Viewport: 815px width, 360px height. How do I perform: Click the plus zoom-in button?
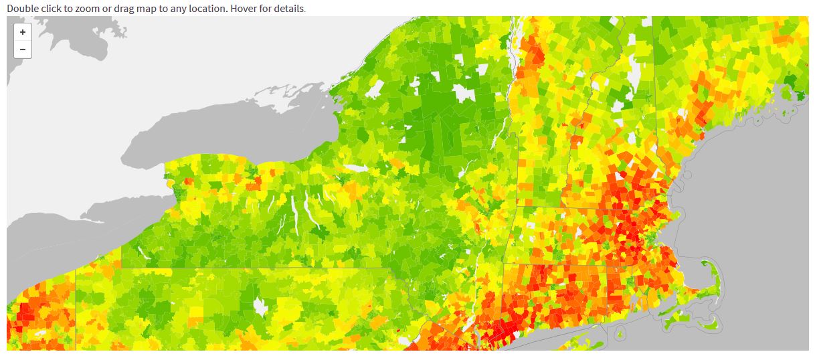pyautogui.click(x=23, y=32)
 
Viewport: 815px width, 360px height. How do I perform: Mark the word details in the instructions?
pyautogui.click(x=289, y=9)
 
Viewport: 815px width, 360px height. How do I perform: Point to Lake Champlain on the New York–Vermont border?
pyautogui.click(x=514, y=60)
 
